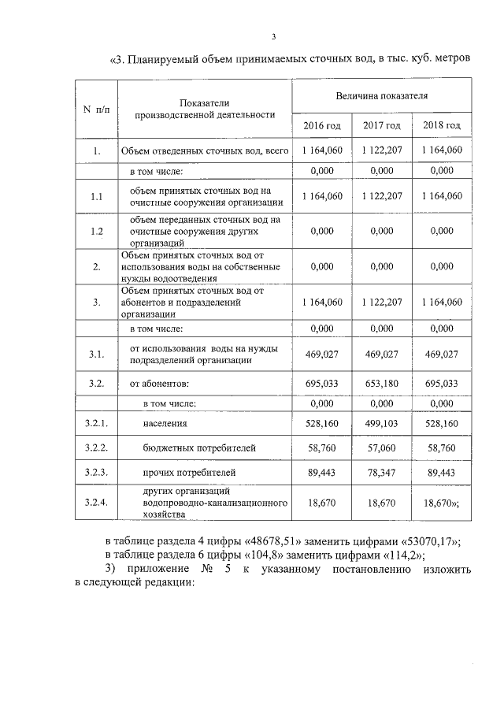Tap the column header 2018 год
point(442,125)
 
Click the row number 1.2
point(97,231)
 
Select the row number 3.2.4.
point(96,502)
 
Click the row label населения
point(165,423)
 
